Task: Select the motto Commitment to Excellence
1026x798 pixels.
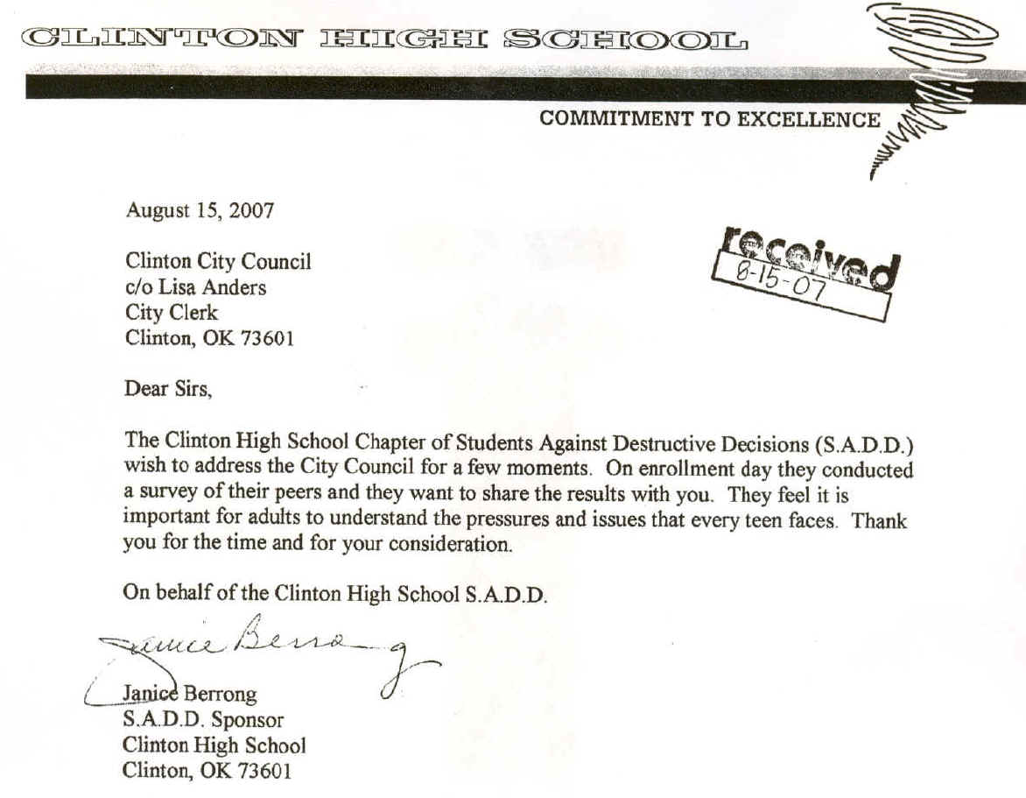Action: (x=710, y=120)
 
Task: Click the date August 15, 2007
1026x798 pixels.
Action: (x=200, y=210)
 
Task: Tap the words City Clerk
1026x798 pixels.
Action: (x=171, y=313)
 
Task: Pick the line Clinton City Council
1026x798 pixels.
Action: (x=218, y=262)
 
